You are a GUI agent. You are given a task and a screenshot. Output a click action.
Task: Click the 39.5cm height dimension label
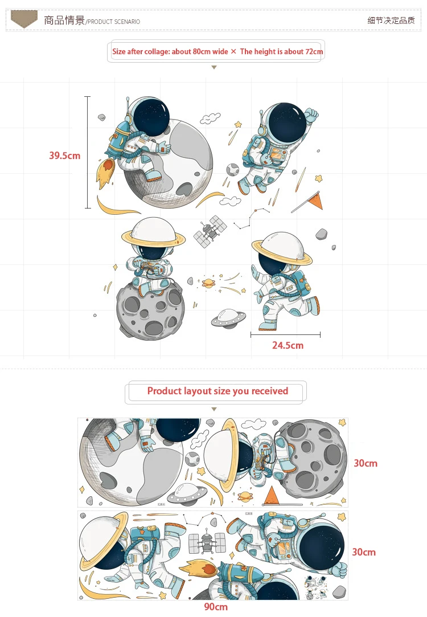coord(64,155)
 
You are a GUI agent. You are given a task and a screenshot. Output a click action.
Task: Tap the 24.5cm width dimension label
coord(288,345)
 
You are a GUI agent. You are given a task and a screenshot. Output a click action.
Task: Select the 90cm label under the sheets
coord(216,607)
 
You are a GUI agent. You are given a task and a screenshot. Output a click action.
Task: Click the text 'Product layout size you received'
coord(217,391)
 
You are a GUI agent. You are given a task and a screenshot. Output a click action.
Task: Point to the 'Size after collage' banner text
coord(217,51)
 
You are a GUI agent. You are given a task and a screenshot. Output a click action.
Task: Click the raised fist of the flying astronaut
coord(311,116)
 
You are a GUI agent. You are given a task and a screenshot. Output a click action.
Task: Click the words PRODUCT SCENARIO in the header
coord(114,22)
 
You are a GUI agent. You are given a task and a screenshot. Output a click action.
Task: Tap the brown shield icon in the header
coord(24,19)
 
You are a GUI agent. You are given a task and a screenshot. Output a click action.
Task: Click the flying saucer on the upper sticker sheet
coord(187,491)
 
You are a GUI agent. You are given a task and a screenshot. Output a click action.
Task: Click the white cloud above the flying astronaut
coord(210,118)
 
